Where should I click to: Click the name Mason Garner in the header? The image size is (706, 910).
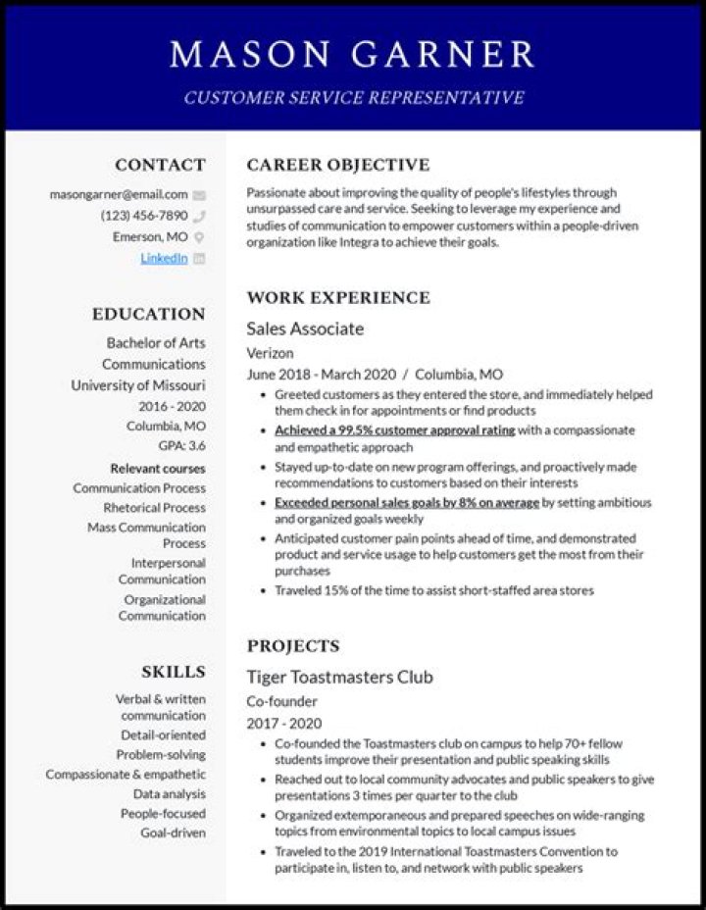(353, 54)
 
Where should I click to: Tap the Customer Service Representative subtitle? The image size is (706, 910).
(353, 98)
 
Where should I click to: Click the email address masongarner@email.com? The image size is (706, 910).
(119, 194)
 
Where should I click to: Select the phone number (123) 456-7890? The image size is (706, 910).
(143, 216)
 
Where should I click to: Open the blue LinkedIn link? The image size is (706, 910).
(164, 258)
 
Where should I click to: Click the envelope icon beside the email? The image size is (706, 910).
(199, 194)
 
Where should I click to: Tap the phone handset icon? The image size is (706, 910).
(199, 216)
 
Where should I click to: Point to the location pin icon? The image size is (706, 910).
(199, 237)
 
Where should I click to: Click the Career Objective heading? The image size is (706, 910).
(337, 165)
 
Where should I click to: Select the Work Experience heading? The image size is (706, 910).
(337, 297)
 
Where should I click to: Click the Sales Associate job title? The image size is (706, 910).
(305, 329)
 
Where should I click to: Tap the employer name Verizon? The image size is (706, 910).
(270, 353)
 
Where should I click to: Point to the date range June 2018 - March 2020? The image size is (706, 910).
(322, 375)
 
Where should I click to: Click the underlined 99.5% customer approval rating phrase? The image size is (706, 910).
(394, 430)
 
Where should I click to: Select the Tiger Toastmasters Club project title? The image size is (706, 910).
(339, 678)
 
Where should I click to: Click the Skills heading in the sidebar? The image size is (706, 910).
(174, 672)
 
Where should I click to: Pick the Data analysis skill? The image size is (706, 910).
(170, 794)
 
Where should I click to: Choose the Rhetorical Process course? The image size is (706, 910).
(155, 508)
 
